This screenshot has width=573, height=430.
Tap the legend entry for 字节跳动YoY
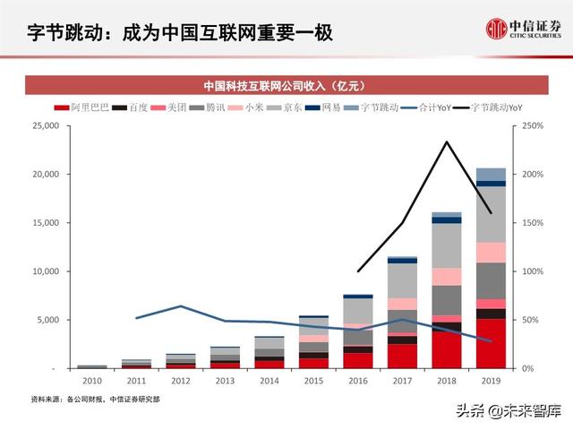[x=489, y=107]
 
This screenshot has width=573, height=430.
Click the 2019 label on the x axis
[x=491, y=382]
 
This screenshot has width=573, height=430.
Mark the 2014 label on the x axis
[x=269, y=382]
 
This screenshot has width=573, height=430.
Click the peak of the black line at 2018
[x=447, y=142]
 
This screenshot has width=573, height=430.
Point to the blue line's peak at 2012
[x=180, y=306]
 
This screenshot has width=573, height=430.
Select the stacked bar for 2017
[x=402, y=312]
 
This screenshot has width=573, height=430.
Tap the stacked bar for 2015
[x=313, y=341]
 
